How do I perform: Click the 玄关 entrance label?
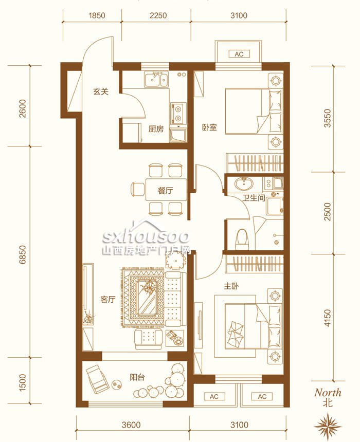(101, 91)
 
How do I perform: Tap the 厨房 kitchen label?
(156, 129)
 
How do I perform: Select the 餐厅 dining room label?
(165, 191)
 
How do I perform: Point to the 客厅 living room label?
(108, 299)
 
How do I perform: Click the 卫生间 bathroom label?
(254, 198)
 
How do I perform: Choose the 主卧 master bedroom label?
(231, 286)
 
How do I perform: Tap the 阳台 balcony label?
(137, 377)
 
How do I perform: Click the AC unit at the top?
(239, 54)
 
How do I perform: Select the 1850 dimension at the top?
(97, 15)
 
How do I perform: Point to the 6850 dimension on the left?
(23, 254)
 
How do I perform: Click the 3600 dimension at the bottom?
(131, 425)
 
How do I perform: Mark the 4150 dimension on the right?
(327, 318)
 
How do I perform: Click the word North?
(328, 392)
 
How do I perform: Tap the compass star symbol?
(328, 425)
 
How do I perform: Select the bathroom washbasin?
(244, 184)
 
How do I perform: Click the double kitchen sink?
(156, 79)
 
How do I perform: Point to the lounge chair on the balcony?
(97, 379)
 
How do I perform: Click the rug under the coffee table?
(143, 297)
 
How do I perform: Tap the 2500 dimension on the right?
(327, 212)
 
